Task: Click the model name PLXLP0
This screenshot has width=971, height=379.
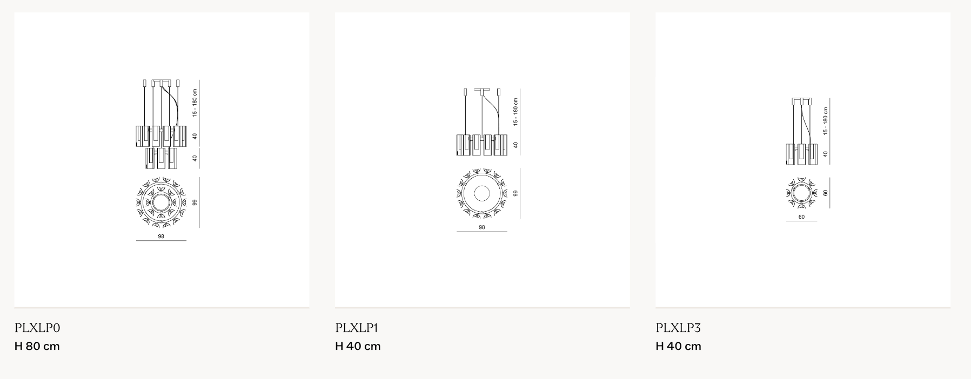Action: (37, 328)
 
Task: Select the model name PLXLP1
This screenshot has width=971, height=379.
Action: (357, 328)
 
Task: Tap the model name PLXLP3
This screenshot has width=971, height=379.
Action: (678, 328)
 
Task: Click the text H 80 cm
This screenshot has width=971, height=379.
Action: (37, 346)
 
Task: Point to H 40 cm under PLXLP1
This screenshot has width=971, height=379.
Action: (358, 346)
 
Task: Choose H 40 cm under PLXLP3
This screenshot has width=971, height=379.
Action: (679, 346)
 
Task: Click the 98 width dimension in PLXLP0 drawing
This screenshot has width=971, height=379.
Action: (161, 236)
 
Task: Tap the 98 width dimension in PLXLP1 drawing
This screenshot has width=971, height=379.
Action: (481, 227)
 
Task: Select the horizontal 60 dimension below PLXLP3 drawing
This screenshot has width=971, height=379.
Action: (801, 217)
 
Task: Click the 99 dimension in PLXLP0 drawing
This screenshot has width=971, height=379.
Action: (195, 202)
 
